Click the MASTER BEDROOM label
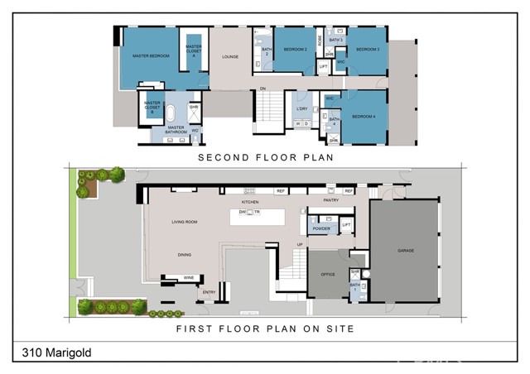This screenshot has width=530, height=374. tap(151, 55)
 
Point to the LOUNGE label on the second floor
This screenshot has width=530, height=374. tap(230, 57)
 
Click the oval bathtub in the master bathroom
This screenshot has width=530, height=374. tap(171, 113)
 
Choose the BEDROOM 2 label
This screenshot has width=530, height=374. tap(296, 50)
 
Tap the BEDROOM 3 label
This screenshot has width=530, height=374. tap(368, 50)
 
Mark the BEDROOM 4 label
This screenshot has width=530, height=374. tap(363, 117)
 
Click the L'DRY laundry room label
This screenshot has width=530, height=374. tap(301, 108)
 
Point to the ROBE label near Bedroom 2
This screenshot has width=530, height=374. tap(320, 39)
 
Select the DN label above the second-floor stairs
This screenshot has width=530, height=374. tap(263, 89)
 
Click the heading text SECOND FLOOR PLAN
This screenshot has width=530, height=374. tap(264, 156)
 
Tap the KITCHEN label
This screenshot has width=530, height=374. tap(250, 202)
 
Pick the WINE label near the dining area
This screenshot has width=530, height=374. tap(188, 278)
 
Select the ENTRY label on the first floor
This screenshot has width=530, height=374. tap(209, 291)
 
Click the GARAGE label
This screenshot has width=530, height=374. tap(405, 250)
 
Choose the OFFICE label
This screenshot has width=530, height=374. tap(328, 274)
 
